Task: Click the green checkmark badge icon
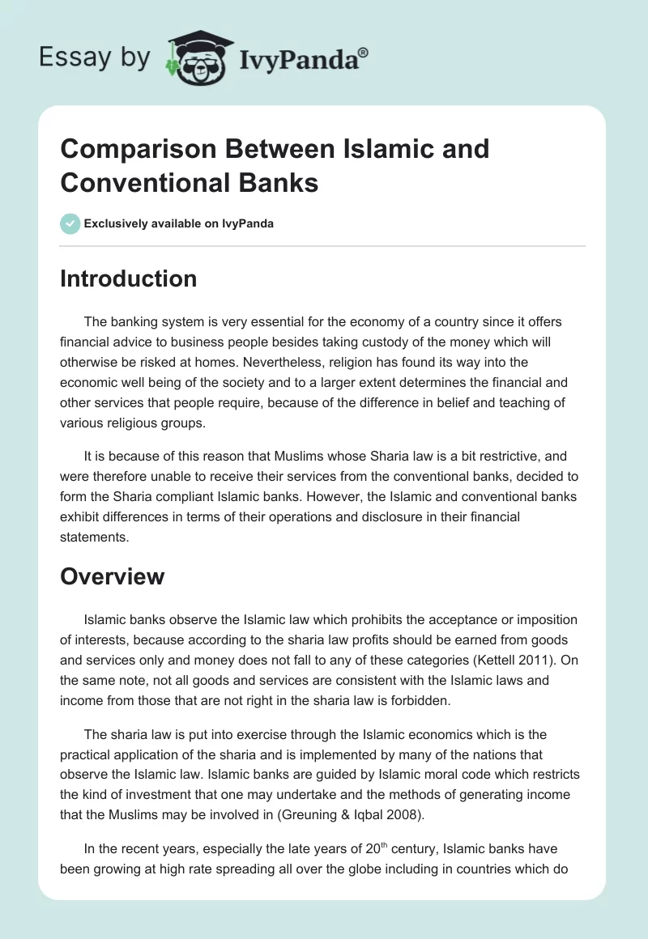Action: (x=70, y=223)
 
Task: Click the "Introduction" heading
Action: (x=128, y=278)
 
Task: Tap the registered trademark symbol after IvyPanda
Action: (x=364, y=53)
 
